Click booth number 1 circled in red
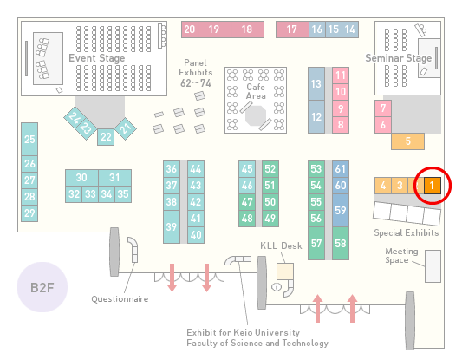pyautogui.click(x=433, y=186)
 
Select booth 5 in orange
pyautogui.click(x=407, y=141)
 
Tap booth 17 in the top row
pyautogui.click(x=292, y=29)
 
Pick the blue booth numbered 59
pyautogui.click(x=341, y=210)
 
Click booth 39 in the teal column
pyautogui.click(x=172, y=226)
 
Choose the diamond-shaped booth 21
pyautogui.click(x=126, y=128)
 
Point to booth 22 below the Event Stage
pyautogui.click(x=106, y=137)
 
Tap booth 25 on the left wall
pyautogui.click(x=29, y=139)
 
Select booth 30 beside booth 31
pyautogui.click(x=81, y=178)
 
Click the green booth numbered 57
pyautogui.click(x=316, y=243)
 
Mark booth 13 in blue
pyautogui.click(x=316, y=84)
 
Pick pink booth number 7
pyautogui.click(x=383, y=108)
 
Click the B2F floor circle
pyautogui.click(x=42, y=287)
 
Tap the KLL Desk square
pyautogui.click(x=285, y=272)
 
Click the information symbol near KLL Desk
pyautogui.click(x=277, y=286)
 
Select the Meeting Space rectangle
pyautogui.click(x=433, y=266)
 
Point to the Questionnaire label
pyautogui.click(x=120, y=299)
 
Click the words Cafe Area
pyautogui.click(x=256, y=91)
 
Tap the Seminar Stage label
pyautogui.click(x=399, y=58)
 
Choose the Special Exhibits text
pyautogui.click(x=407, y=233)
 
